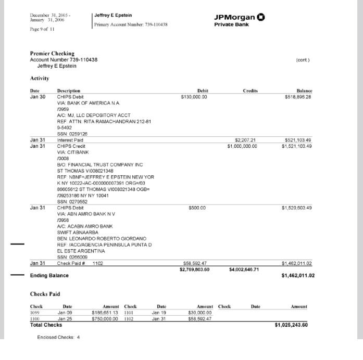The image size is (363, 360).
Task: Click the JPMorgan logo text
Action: click(x=235, y=17)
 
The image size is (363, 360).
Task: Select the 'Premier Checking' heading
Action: click(x=52, y=54)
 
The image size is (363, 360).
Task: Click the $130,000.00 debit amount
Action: click(x=194, y=97)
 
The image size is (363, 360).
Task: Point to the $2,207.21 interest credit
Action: click(x=245, y=140)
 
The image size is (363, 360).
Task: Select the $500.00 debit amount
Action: click(x=197, y=208)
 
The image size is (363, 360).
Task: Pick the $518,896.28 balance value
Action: click(x=298, y=97)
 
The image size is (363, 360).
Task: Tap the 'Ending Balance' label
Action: click(x=49, y=276)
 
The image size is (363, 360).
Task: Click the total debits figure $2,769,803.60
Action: click(x=194, y=269)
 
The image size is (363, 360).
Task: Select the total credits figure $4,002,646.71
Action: click(x=244, y=269)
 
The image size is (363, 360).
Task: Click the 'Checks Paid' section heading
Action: click(x=45, y=294)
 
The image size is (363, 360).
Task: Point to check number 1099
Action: click(x=35, y=313)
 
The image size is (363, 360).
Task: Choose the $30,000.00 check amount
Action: click(x=199, y=313)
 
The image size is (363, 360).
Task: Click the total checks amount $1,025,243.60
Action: click(x=291, y=325)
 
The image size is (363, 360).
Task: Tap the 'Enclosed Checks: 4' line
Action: click(x=58, y=337)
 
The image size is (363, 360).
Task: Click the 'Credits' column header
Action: click(x=250, y=91)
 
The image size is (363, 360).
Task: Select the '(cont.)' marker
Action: click(x=303, y=60)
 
